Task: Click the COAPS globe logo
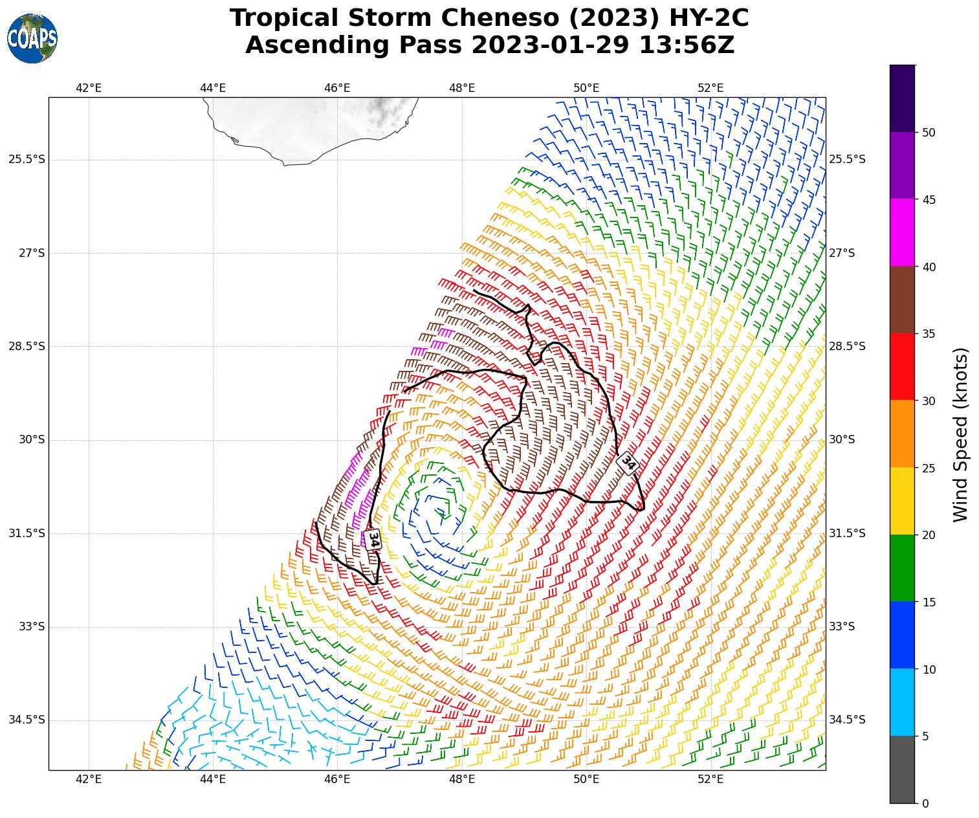[32, 39]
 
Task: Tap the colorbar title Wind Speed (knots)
[962, 434]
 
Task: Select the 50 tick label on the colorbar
[929, 133]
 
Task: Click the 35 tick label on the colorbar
[929, 334]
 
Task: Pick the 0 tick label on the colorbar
[925, 803]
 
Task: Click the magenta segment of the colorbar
[902, 232]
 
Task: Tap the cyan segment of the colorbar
[902, 702]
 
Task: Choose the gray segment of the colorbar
[902, 769]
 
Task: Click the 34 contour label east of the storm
[628, 462]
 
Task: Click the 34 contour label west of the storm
[373, 539]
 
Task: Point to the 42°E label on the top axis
[89, 88]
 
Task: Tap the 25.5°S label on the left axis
[27, 159]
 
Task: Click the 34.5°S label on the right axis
[847, 720]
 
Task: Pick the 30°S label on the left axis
[32, 439]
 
